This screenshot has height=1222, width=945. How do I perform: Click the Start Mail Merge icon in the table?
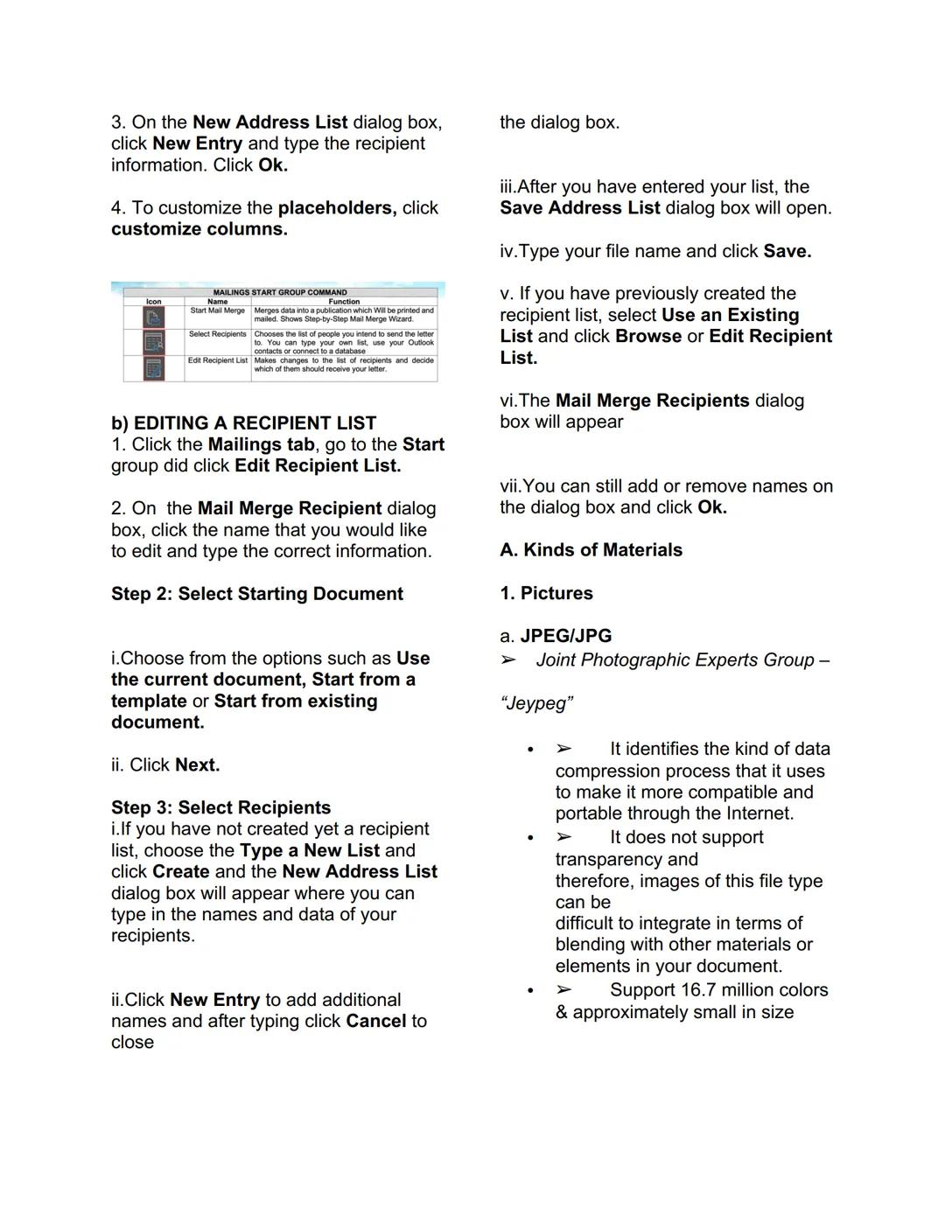pos(154,317)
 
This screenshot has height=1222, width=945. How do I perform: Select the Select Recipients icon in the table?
pos(154,342)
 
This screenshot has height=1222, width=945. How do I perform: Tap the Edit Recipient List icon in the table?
pos(154,368)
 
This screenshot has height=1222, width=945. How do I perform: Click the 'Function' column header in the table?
pos(344,301)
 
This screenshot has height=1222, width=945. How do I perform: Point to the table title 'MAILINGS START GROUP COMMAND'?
pos(280,292)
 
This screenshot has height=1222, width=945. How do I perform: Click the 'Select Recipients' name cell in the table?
pos(218,334)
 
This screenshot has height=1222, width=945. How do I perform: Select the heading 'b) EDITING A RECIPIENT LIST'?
pos(243,423)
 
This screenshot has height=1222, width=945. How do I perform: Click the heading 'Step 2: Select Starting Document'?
pos(256,594)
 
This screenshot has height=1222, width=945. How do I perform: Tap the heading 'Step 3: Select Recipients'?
pos(220,807)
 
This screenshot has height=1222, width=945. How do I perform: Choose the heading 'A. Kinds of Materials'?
pos(591,550)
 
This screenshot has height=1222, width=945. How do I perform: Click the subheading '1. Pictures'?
pos(546,593)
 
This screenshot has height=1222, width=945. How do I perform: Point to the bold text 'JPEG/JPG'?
pos(566,636)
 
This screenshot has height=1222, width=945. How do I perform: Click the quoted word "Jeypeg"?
pos(536,703)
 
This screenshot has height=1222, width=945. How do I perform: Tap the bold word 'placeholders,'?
pos(337,208)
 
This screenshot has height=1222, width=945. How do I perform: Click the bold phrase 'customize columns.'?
pos(199,229)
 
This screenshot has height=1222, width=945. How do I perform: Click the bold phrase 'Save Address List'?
pos(580,208)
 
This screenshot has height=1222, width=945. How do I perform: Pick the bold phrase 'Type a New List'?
pos(310,850)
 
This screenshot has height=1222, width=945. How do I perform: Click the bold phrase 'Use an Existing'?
pos(730,315)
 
